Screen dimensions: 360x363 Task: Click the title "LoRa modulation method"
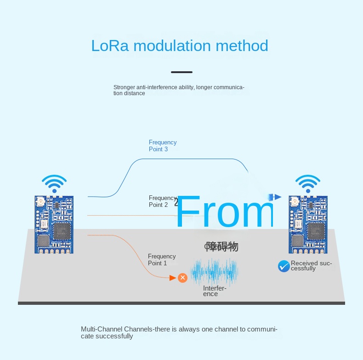click(x=179, y=46)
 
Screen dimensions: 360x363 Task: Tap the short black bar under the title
click(x=181, y=72)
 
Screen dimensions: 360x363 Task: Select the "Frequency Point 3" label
click(x=162, y=146)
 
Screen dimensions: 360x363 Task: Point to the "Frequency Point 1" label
click(x=162, y=260)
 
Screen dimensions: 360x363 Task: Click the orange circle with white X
click(x=182, y=278)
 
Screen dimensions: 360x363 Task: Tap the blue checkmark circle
click(x=284, y=266)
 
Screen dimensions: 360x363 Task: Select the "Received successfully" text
click(x=311, y=266)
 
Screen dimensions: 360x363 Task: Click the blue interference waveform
click(x=214, y=271)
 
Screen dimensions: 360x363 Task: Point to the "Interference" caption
click(x=215, y=291)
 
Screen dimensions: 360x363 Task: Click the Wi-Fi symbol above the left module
click(x=54, y=183)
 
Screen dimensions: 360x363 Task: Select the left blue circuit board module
click(x=54, y=224)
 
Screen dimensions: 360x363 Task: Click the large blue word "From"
click(x=224, y=212)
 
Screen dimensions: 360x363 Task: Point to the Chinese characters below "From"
click(x=221, y=247)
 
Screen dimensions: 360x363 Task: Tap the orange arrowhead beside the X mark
click(x=173, y=278)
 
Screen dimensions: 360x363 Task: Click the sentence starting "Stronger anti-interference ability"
click(x=178, y=90)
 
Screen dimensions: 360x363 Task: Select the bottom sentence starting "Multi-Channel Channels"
click(x=179, y=332)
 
